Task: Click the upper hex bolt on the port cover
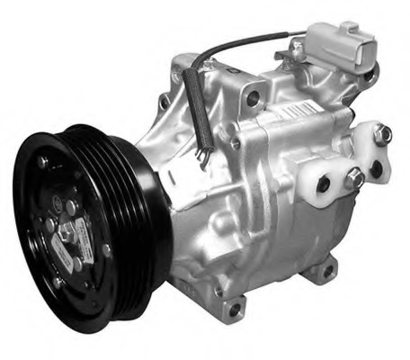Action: point(382,134)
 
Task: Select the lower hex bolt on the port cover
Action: point(354,176)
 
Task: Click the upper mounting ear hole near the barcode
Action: point(254,97)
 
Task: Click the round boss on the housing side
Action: point(236,144)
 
